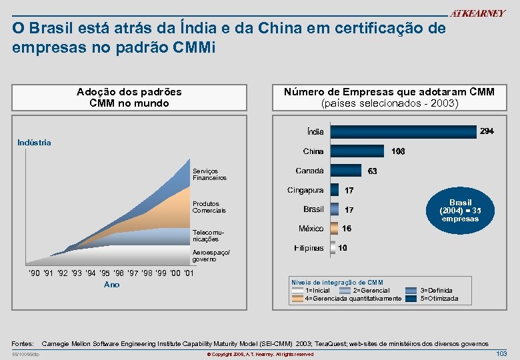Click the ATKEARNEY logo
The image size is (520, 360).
pos(477,13)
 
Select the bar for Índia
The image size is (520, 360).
pos(403,131)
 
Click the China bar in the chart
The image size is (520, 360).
pos(357,151)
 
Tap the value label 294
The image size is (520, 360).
pos(487,131)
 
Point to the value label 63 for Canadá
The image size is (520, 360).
pos(372,171)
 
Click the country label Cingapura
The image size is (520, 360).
pos(305,190)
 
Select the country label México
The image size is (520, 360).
pos(311,229)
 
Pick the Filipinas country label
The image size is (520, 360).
pos(309,248)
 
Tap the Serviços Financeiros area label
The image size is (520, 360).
pos(209,175)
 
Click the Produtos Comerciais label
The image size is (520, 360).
pos(209,207)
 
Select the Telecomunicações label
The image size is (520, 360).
pos(205,235)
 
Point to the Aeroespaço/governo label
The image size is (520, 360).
pos(211,256)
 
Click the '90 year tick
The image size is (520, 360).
pos(33,273)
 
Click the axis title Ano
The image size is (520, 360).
pos(111,285)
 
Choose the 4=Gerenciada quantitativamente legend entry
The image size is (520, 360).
pos(353,298)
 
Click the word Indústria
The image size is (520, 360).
pos(34,143)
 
